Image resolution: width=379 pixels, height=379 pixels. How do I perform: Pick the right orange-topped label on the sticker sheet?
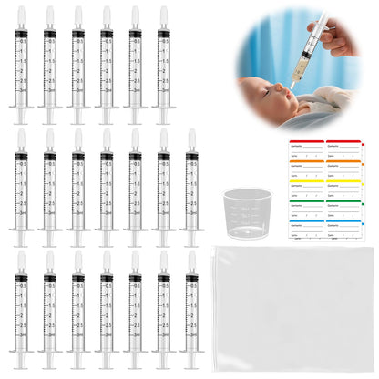347,169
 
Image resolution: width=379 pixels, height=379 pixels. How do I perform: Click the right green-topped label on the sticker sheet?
347,209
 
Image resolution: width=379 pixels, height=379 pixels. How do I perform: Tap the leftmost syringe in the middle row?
21,187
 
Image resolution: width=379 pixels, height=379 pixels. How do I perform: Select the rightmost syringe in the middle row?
191,187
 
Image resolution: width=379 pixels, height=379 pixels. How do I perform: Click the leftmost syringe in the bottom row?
21,310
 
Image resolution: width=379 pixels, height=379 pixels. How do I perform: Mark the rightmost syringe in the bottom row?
191,310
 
